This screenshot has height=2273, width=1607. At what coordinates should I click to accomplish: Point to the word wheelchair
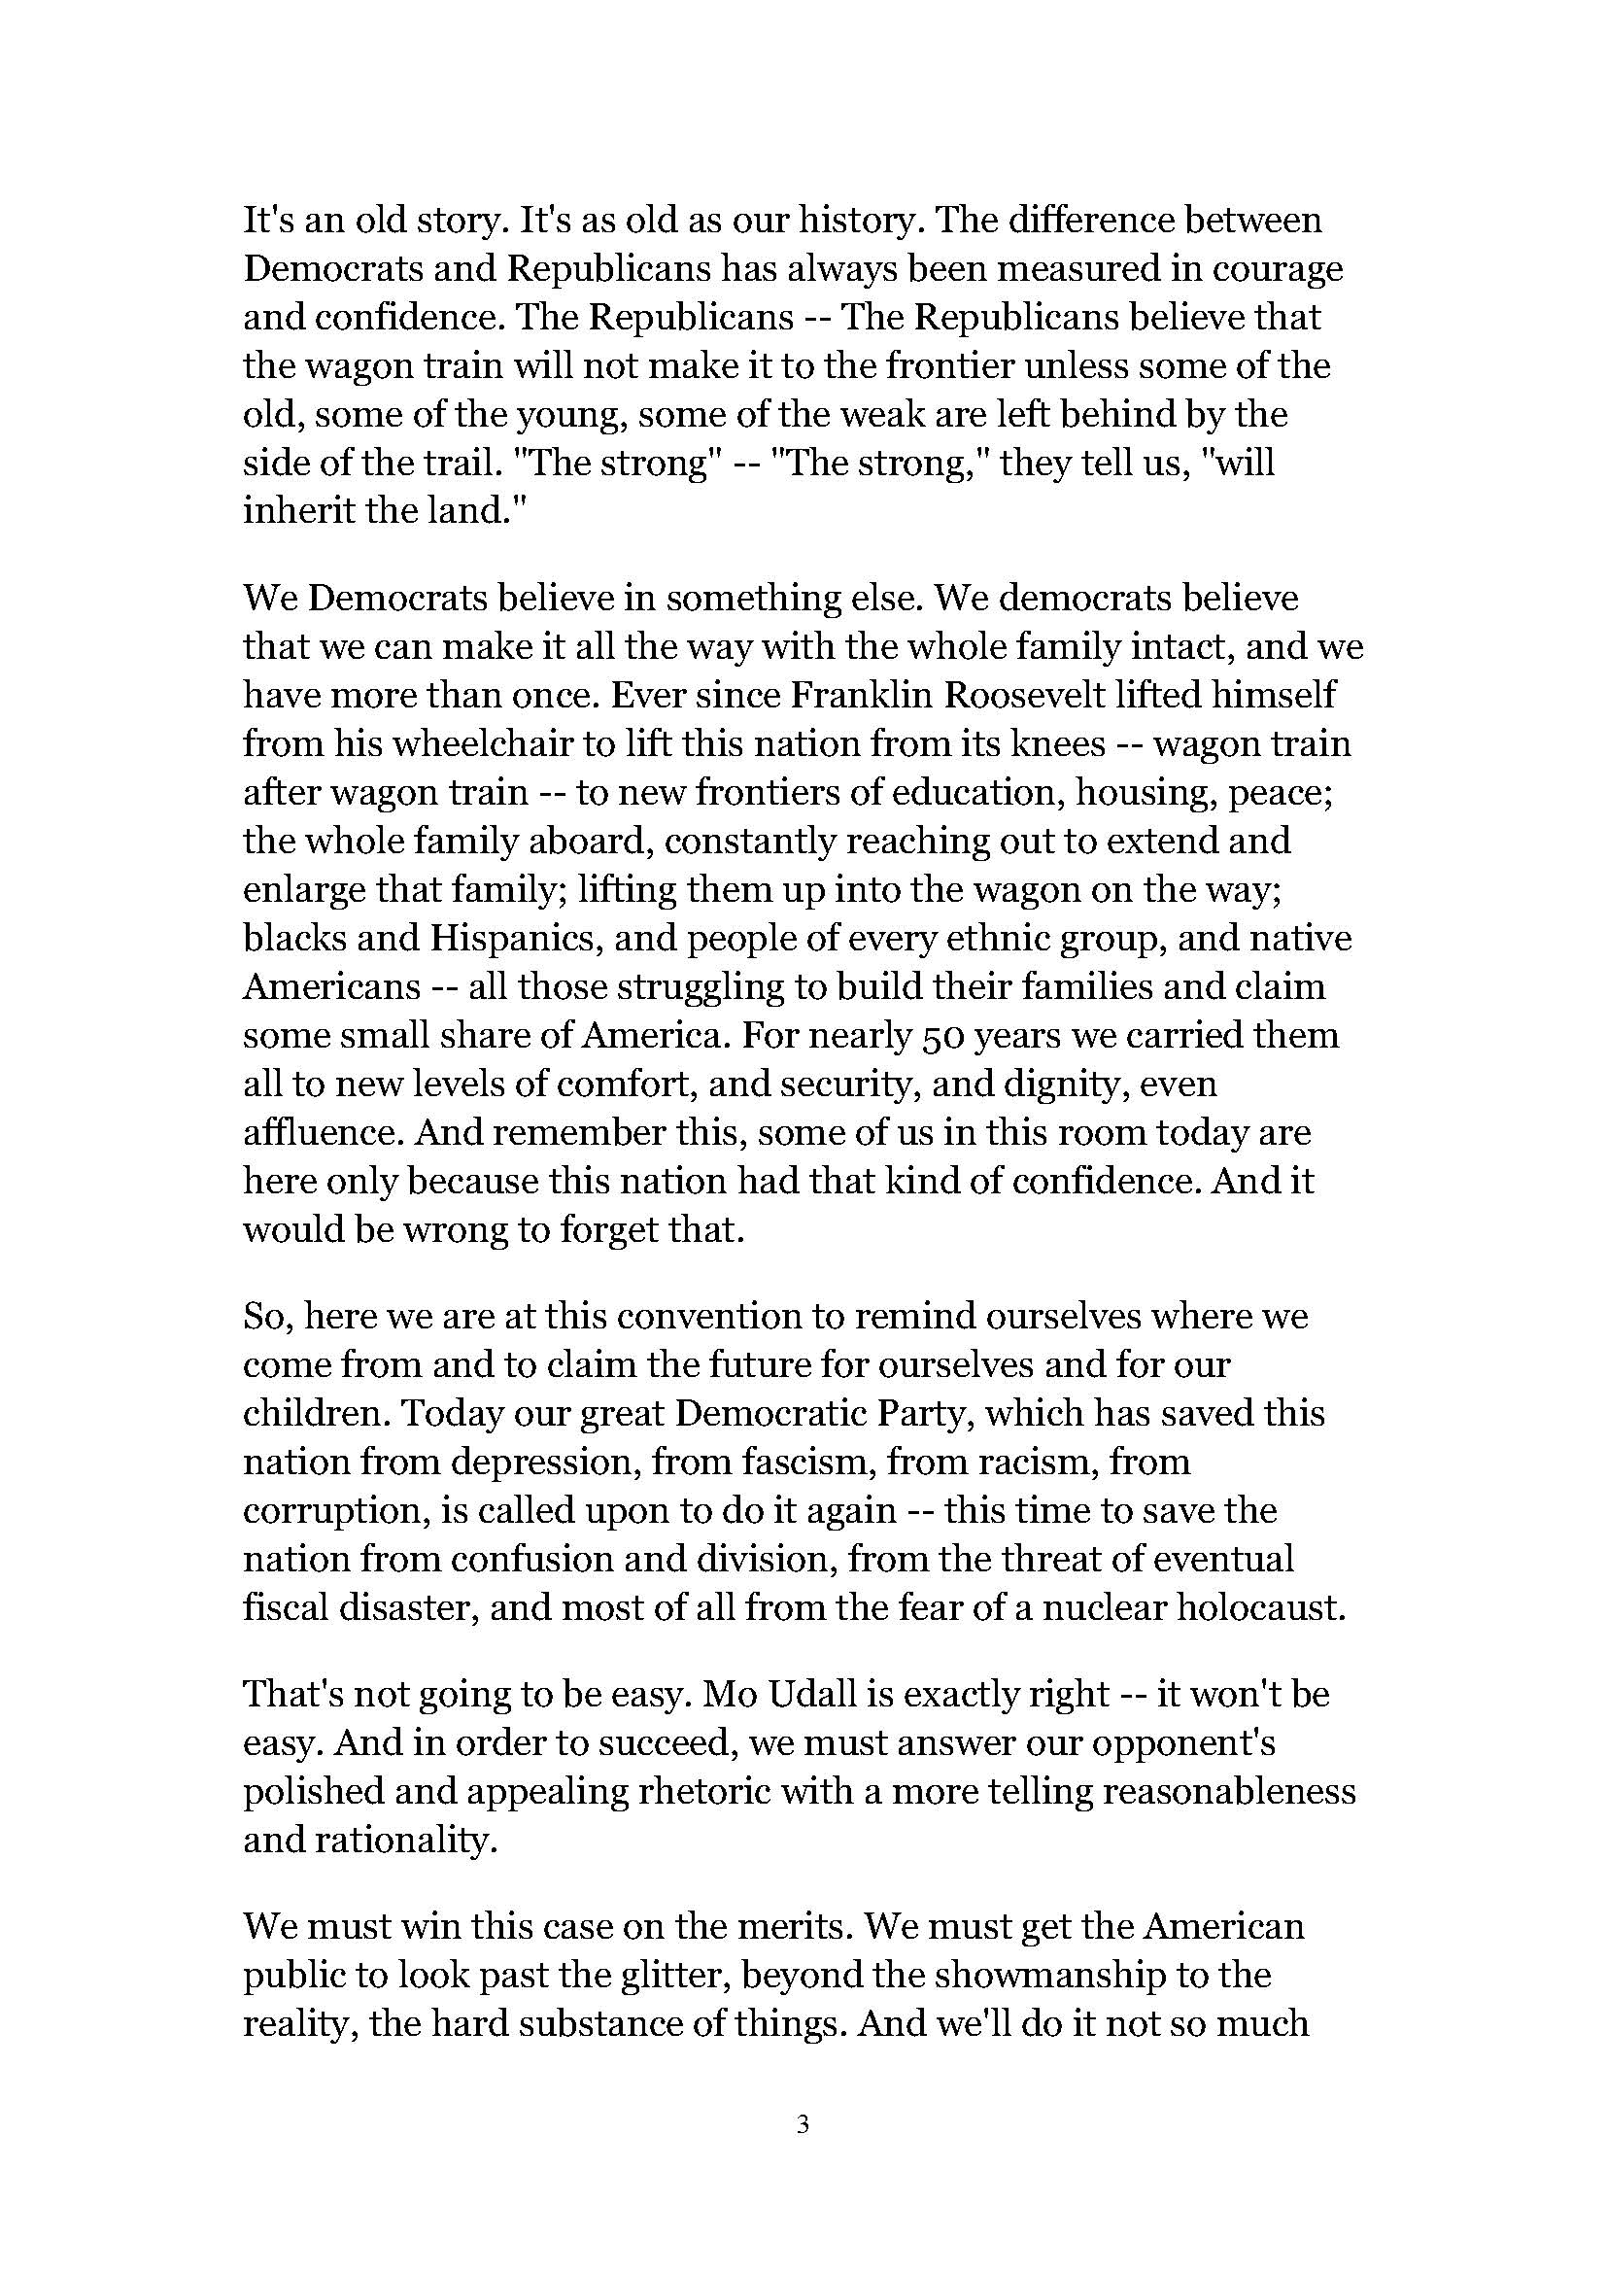[440, 744]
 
